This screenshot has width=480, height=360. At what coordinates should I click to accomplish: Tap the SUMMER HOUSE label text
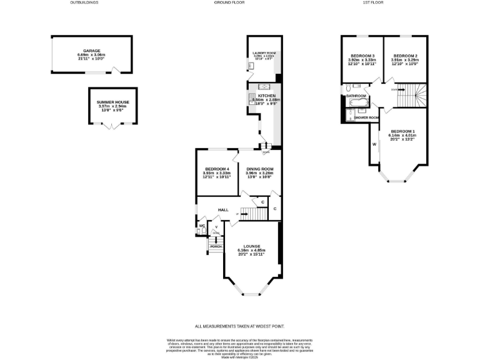tap(112, 101)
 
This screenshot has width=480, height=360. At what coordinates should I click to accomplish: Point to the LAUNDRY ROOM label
tap(263, 54)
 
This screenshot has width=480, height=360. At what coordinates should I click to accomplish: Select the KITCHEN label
tap(266, 96)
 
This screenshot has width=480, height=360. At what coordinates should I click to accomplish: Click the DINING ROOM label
tap(259, 169)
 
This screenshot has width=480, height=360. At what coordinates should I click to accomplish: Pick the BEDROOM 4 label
tap(216, 169)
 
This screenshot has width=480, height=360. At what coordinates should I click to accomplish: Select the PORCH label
tap(216, 246)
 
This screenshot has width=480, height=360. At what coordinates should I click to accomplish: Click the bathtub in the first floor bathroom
tap(361, 104)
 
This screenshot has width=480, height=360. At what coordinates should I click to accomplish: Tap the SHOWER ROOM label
tap(367, 117)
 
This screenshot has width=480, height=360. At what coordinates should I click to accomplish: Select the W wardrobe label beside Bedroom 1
tap(374, 144)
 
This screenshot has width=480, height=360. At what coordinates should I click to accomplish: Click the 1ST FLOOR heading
tap(384, 2)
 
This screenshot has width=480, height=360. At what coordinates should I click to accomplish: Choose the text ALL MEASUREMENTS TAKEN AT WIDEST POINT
tap(240, 326)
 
